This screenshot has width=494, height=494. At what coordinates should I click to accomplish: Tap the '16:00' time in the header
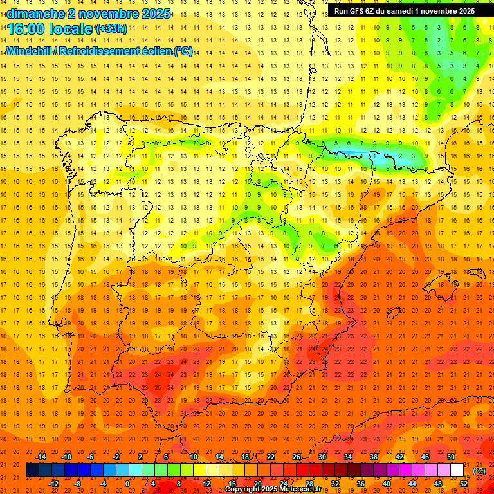(x=26, y=29)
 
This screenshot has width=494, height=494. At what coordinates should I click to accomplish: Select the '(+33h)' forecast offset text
(x=111, y=28)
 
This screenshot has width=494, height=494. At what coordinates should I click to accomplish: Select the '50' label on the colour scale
(x=450, y=457)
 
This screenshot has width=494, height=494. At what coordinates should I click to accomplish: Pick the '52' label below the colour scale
(x=463, y=484)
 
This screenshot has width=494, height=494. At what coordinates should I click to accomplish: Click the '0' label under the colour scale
(x=127, y=484)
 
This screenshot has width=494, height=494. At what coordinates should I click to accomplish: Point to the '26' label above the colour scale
(x=296, y=457)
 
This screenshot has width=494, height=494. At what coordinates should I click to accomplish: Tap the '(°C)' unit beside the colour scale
(x=479, y=471)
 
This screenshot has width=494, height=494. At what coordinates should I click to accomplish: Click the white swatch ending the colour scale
(x=457, y=470)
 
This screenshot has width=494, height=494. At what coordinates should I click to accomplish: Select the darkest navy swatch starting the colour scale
(x=32, y=470)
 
